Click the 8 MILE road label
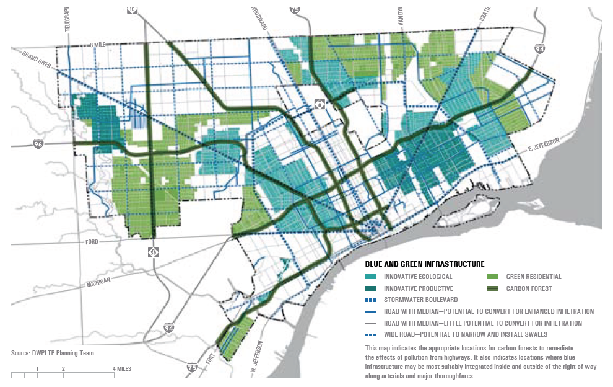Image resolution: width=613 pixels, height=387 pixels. (98, 45)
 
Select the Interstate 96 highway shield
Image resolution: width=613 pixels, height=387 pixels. (38, 144)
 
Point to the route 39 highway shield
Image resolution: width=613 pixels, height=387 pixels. (153, 252)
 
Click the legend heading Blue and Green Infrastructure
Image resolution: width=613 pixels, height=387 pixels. (424, 264)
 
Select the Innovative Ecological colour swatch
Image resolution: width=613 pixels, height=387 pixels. (371, 277)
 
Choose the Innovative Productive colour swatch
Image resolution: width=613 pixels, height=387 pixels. (371, 288)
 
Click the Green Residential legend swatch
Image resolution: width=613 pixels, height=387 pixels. (493, 277)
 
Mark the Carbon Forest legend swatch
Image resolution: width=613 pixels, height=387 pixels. (493, 288)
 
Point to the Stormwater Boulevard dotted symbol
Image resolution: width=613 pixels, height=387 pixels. (371, 300)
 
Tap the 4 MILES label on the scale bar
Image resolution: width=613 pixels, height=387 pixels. (121, 368)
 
